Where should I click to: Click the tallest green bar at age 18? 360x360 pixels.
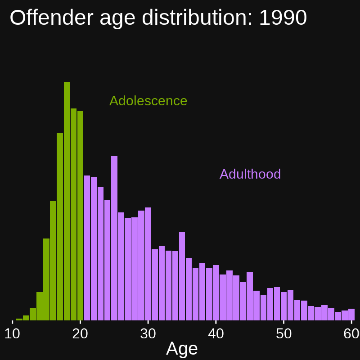[x=67, y=202]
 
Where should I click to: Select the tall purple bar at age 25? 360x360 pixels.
[x=114, y=238]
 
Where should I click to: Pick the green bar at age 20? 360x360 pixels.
[x=80, y=216]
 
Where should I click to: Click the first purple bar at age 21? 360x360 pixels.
[x=87, y=247]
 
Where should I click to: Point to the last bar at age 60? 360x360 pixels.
[x=351, y=315]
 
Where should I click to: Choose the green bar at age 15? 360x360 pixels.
[x=46, y=279]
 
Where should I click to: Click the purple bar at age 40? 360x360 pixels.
[x=216, y=292]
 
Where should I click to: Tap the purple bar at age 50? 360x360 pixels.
[x=283, y=306]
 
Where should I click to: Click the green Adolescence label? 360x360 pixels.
[x=148, y=101]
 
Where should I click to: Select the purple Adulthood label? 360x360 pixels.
[x=250, y=174]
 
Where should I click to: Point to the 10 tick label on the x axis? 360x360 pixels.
[x=13, y=333]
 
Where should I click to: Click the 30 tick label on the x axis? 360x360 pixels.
[x=148, y=333]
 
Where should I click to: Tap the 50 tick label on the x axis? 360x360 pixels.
[x=283, y=333]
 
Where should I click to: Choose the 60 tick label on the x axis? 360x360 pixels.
[x=351, y=333]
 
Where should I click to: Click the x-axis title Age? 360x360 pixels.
[x=182, y=349]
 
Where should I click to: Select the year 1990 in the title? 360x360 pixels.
[x=283, y=18]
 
